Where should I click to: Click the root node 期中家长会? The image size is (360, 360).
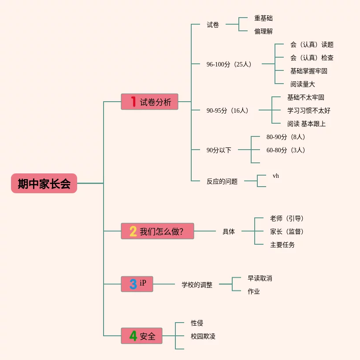point(44,184)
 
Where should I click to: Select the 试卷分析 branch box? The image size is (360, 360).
point(150,102)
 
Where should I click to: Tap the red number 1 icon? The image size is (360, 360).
point(133,102)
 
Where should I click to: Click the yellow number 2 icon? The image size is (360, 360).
point(133,231)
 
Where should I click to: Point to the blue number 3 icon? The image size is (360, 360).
point(133,284)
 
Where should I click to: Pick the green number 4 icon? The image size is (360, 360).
point(133,336)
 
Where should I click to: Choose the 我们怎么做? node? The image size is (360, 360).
point(158,231)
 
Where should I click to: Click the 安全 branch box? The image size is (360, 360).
point(142,336)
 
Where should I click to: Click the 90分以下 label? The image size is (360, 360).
point(219,150)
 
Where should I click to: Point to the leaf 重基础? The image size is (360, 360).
point(264,18)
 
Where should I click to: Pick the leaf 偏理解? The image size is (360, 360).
point(264,31)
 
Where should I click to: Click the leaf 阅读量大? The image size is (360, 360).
point(303,84)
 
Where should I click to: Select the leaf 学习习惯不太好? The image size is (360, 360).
point(309,110)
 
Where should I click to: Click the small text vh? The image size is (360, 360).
point(276,176)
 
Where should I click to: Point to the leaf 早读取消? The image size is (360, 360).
point(260,278)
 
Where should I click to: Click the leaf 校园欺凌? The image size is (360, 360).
point(203,336)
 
